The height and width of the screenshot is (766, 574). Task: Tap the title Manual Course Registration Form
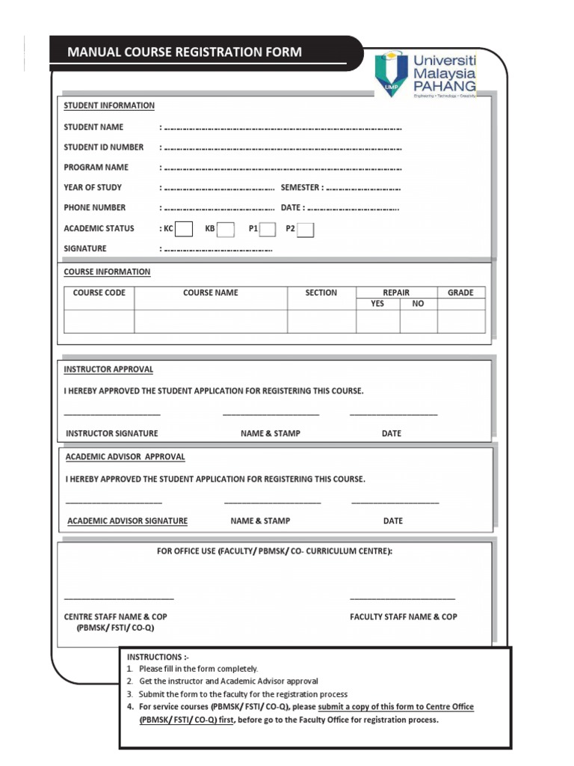[185, 52]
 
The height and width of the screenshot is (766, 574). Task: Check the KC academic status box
[184, 229]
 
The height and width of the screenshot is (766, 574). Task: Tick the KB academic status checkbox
[226, 229]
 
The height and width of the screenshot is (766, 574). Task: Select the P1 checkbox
[268, 229]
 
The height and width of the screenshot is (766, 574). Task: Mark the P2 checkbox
[305, 230]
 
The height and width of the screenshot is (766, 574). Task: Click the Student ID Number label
[103, 147]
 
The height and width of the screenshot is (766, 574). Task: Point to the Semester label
[301, 188]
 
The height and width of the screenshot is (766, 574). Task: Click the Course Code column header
[99, 292]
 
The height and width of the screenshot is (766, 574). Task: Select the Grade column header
[460, 292]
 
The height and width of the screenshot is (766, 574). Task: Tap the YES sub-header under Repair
[377, 304]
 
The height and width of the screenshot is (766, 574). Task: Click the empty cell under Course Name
[211, 321]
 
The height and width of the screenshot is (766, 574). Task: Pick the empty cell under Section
[321, 321]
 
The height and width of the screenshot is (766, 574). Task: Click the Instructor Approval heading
[108, 370]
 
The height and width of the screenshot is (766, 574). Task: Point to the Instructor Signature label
[112, 433]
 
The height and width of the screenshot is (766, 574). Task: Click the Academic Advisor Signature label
[127, 521]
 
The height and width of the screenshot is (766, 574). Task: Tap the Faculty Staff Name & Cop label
[404, 617]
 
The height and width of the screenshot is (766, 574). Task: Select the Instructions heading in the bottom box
[153, 657]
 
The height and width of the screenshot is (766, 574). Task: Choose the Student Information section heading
[109, 105]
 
